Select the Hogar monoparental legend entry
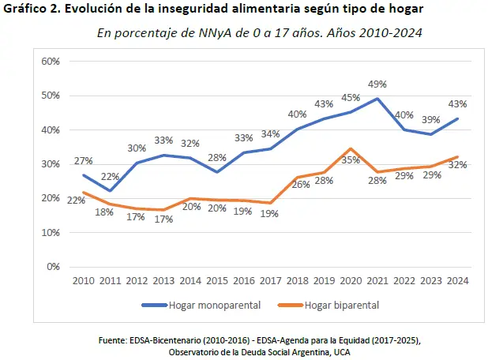tap(194, 305)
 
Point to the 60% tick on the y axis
tap(51, 62)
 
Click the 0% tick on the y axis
tap(54, 267)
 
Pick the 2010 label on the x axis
tap(84, 280)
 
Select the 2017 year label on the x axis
tap(271, 280)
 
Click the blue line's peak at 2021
tap(377, 99)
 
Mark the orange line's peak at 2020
tap(351, 148)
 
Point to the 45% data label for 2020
tap(350, 98)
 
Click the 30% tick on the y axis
tap(51, 164)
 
